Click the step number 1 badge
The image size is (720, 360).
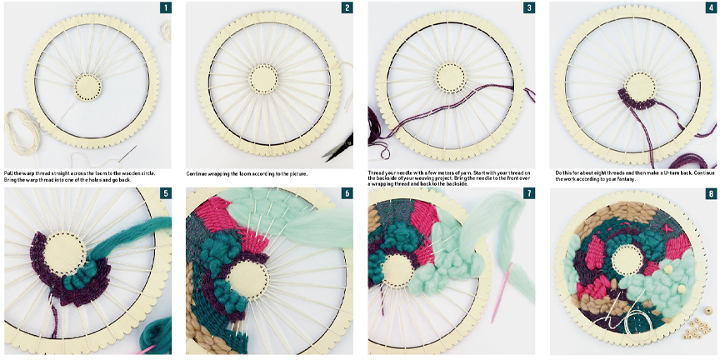pos(165,7)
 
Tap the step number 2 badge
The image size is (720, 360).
pos(347,7)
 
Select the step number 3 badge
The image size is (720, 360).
pos(529,7)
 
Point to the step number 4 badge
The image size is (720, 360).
pos(712,7)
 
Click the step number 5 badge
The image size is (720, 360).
pos(165,193)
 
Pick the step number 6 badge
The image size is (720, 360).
pos(347,193)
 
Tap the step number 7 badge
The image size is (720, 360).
pos(529,193)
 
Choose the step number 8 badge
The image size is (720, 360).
pos(712,193)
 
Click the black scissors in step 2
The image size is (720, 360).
pos(339,147)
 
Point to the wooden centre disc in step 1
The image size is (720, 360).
pos(87,86)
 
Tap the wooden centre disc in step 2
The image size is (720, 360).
pos(262,79)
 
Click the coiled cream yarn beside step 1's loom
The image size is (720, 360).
pos(21,130)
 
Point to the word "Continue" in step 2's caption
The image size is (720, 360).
pos(198,174)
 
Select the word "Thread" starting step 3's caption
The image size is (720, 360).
pos(377,172)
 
